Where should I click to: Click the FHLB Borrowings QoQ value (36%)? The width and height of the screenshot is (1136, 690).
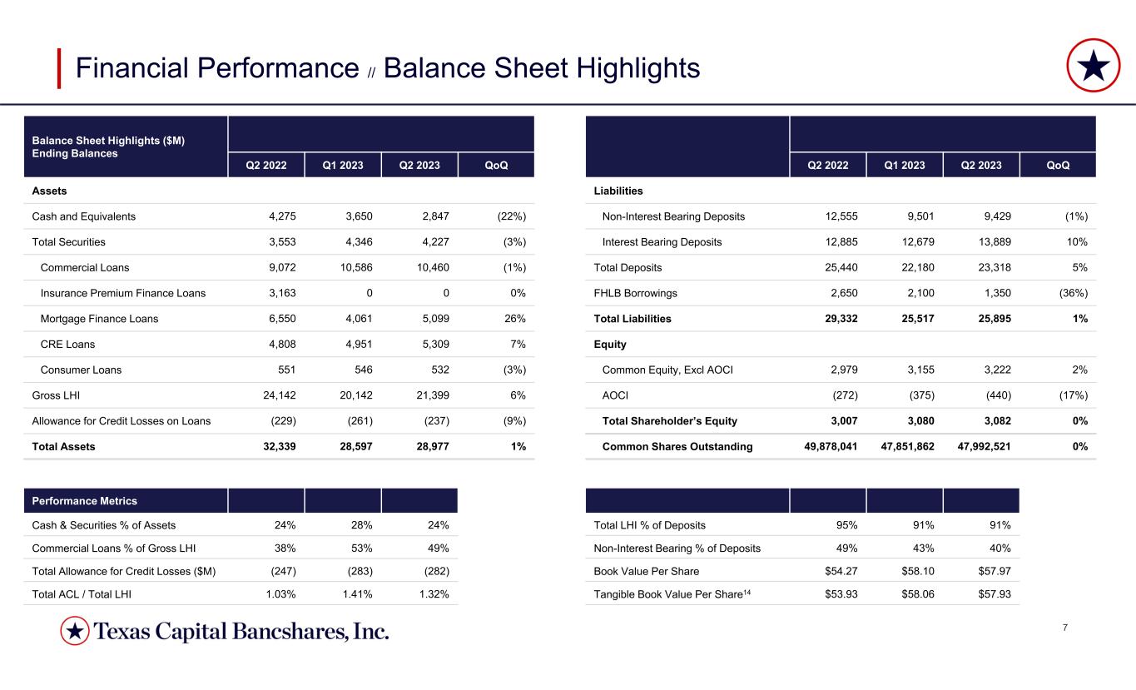1071,293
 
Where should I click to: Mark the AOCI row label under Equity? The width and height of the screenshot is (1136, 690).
616,395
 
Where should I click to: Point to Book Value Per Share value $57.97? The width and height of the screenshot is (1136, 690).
990,570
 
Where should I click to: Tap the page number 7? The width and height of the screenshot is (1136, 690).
1066,627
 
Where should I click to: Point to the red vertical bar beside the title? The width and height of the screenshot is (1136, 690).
59,68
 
